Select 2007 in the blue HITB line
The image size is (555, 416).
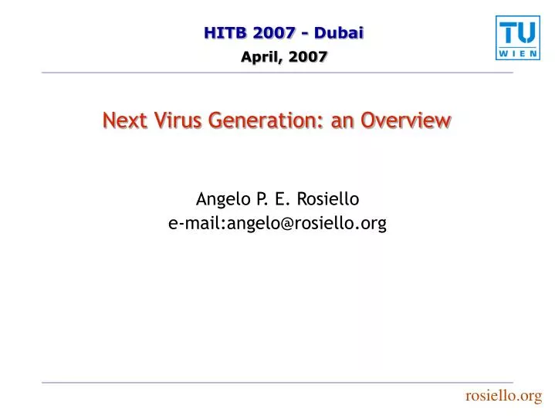click(274, 33)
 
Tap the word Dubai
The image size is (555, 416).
click(339, 33)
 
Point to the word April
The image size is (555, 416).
click(261, 57)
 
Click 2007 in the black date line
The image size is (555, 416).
click(307, 56)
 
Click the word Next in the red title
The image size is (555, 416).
click(124, 120)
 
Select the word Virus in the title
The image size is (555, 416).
click(178, 120)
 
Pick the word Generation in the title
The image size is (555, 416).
click(266, 120)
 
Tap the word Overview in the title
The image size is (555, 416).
click(406, 120)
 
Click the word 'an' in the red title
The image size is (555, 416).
click(342, 122)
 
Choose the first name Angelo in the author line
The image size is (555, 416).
click(223, 199)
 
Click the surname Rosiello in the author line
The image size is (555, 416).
click(328, 198)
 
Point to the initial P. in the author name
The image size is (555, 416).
click(262, 199)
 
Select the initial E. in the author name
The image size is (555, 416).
click(282, 199)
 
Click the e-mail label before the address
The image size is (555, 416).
click(197, 223)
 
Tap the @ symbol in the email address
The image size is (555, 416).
click(287, 224)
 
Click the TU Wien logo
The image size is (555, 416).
click(518, 38)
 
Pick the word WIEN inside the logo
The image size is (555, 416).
click(518, 54)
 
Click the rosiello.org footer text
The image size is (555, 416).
click(504, 396)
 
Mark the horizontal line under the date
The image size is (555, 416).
click(278, 73)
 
